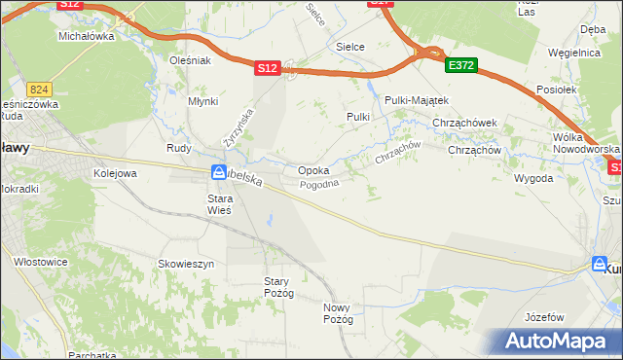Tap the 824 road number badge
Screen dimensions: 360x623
click(x=39, y=88)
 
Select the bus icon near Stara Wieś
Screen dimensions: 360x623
click(x=218, y=173)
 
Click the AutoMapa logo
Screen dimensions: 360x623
click(x=556, y=342)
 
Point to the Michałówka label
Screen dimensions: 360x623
click(x=87, y=36)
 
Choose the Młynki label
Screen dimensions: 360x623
click(x=203, y=101)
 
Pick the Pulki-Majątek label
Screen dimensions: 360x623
click(x=416, y=100)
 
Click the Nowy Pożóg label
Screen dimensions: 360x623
click(x=337, y=313)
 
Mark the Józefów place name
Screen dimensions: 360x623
click(x=544, y=317)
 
